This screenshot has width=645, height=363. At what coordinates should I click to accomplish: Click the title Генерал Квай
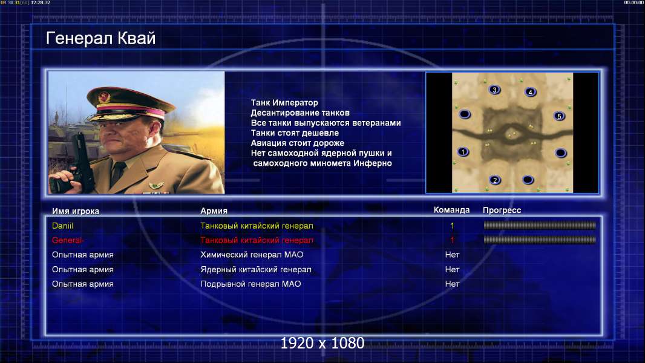click(x=101, y=39)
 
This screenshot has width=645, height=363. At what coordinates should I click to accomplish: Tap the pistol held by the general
click(x=82, y=160)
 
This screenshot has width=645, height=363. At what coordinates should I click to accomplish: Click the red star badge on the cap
click(x=104, y=97)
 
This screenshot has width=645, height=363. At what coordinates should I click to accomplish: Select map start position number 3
click(x=494, y=90)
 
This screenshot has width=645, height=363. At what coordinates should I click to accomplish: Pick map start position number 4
click(x=530, y=92)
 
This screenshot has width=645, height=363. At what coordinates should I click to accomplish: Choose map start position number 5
click(x=559, y=116)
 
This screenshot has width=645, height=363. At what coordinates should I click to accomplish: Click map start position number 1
click(x=463, y=152)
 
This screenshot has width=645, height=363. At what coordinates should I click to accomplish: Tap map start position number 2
click(x=495, y=180)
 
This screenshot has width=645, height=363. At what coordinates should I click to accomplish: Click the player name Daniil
click(x=62, y=226)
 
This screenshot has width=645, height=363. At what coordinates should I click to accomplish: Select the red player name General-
click(x=68, y=240)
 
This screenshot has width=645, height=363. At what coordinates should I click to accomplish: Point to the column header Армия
click(x=214, y=211)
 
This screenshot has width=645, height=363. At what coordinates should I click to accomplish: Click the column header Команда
click(x=451, y=210)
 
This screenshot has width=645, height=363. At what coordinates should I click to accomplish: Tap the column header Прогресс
click(x=502, y=211)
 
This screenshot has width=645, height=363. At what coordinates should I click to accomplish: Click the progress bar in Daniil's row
click(x=540, y=225)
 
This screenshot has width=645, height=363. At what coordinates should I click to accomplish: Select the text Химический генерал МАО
click(x=252, y=255)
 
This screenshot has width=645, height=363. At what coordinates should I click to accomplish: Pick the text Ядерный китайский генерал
click(x=256, y=270)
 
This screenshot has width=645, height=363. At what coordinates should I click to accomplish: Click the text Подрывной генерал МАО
click(x=250, y=284)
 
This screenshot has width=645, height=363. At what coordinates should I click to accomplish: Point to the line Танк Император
click(x=284, y=103)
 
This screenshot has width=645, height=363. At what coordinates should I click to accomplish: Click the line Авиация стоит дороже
click(x=298, y=143)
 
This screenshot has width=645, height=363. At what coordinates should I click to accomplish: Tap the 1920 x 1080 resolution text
click(x=322, y=343)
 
